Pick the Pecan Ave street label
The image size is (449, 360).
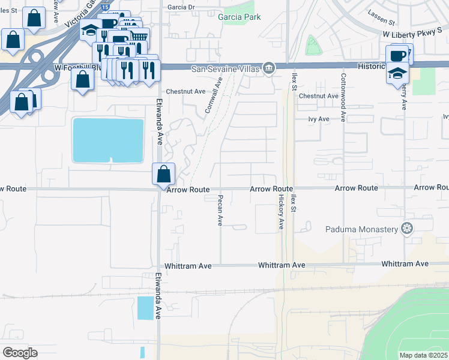(220, 209)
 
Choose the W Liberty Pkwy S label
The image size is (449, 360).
(415, 35)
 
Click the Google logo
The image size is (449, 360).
(19, 352)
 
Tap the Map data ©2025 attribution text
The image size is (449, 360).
(424, 355)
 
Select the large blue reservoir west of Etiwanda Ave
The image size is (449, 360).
(108, 140)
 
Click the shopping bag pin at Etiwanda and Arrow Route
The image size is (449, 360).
(163, 175)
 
